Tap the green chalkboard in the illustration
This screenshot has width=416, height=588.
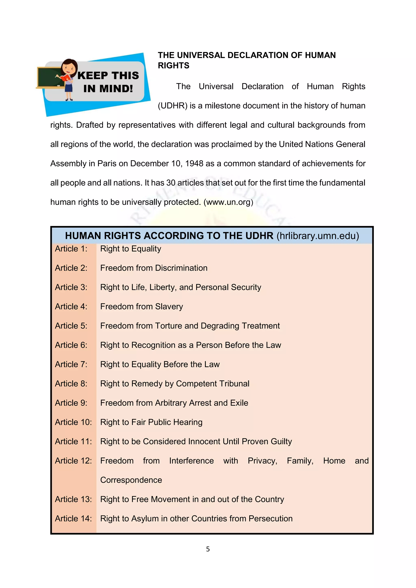pyautogui.click(x=49, y=77)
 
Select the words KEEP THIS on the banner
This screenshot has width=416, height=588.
pyautogui.click(x=108, y=76)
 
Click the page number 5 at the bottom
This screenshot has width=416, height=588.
pyautogui.click(x=208, y=549)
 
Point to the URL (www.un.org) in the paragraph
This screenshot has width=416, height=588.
pyautogui.click(x=228, y=202)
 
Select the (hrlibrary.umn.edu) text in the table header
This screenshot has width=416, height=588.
pyautogui.click(x=318, y=236)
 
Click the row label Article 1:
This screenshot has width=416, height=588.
pyautogui.click(x=71, y=249)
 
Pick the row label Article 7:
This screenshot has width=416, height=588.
pyautogui.click(x=71, y=364)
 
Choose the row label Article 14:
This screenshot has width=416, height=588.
pyautogui.click(x=73, y=518)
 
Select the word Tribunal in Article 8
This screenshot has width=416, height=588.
pyautogui.click(x=234, y=384)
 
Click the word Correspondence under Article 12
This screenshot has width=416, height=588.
pyautogui.click(x=131, y=480)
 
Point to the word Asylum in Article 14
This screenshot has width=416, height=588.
pyautogui.click(x=145, y=519)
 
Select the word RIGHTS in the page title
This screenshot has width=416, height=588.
pyautogui.click(x=173, y=66)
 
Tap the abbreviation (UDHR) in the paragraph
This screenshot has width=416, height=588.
pyautogui.click(x=173, y=106)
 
